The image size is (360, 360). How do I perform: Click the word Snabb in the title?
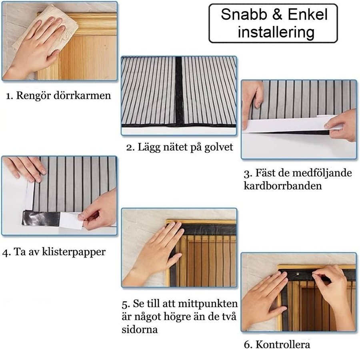coord(244,14)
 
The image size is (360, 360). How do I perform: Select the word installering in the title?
coord(276,32)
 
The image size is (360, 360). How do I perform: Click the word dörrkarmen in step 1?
coord(82,95)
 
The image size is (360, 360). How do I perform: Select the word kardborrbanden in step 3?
coord(283,186)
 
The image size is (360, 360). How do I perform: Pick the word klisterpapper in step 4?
coord(74,252)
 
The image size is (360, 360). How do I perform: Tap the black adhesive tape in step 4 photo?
coord(41,218)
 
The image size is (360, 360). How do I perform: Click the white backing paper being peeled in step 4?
coord(70,220)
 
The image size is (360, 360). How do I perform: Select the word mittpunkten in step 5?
coord(208,304)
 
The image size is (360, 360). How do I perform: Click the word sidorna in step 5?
coord(140,330)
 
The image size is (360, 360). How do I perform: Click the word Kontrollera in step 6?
coord(283,344)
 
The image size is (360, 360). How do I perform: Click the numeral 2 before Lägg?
coord(129,148)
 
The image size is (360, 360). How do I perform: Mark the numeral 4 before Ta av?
coord(6,252)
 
